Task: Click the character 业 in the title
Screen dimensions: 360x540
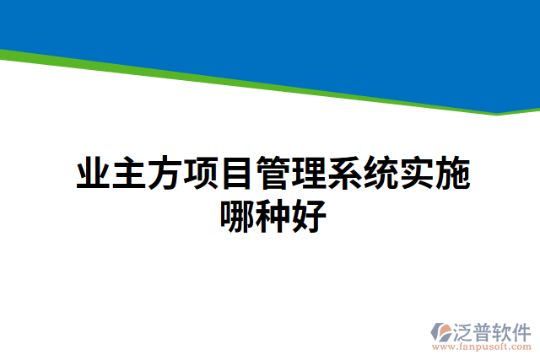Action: [93, 175]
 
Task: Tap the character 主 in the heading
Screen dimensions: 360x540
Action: [129, 175]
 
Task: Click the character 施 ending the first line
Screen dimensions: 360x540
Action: [452, 175]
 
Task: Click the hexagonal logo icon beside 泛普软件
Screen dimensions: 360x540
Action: [442, 330]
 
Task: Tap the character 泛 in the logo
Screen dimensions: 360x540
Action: [465, 331]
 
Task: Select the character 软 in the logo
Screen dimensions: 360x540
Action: [505, 331]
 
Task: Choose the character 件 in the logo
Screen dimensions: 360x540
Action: [523, 331]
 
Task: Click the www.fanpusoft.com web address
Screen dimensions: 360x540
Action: [482, 347]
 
